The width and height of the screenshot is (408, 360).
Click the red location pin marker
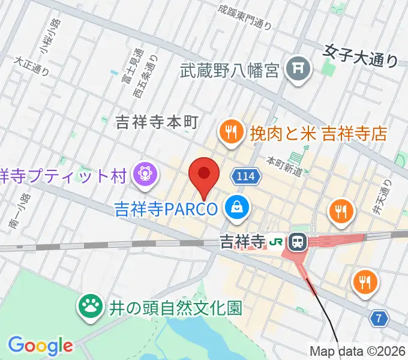point(203,175)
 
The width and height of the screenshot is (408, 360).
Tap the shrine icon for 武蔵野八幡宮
point(297,71)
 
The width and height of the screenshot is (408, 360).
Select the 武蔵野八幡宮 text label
point(230,71)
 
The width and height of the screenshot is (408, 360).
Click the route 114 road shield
point(243,176)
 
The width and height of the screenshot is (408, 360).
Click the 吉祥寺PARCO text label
point(166,209)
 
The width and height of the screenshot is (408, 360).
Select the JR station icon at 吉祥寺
point(296,242)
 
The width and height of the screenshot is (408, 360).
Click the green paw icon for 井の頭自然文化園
point(91,308)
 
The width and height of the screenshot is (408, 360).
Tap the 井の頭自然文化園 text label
point(175,308)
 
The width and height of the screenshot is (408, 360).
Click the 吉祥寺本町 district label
point(156,123)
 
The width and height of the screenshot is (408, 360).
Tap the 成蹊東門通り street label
point(245,17)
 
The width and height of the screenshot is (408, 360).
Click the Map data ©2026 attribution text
point(358,352)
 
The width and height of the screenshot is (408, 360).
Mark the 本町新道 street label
point(284,167)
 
